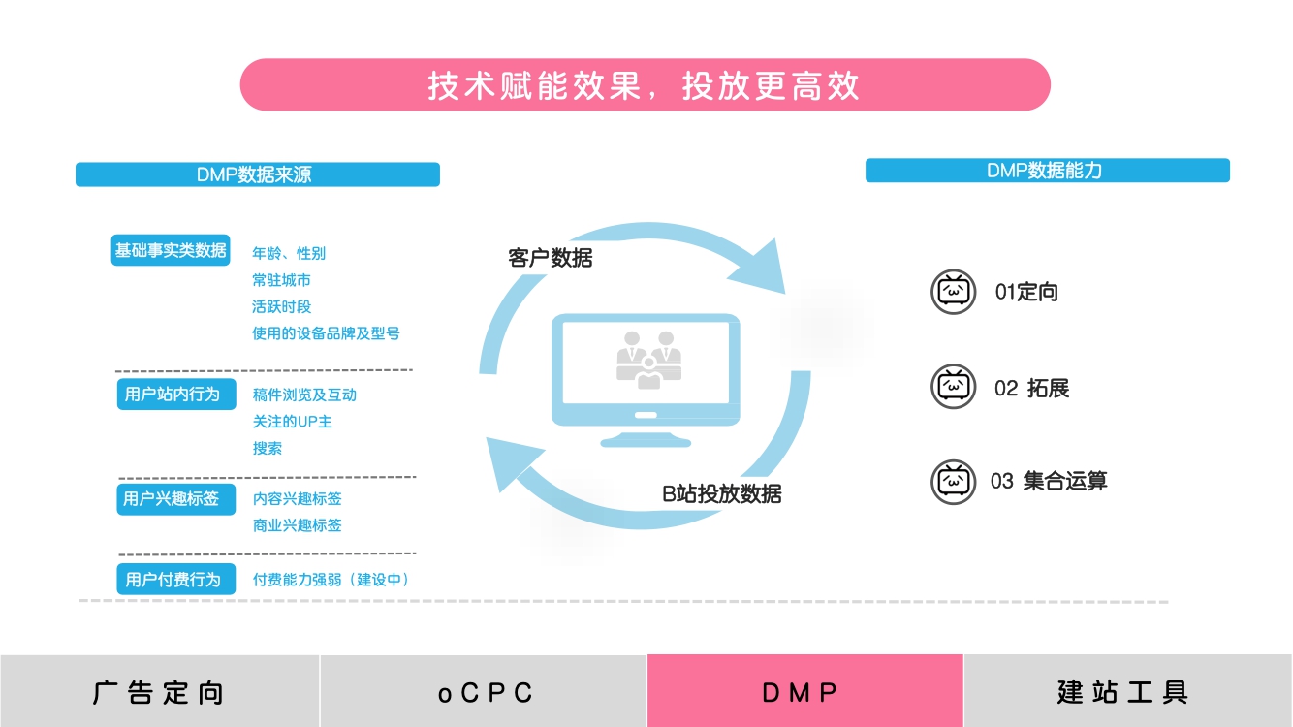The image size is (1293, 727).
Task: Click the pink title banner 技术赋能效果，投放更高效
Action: pyautogui.click(x=645, y=85)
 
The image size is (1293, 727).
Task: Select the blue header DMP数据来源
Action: pyautogui.click(x=257, y=174)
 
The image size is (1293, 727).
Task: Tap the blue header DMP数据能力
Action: pyautogui.click(x=1047, y=171)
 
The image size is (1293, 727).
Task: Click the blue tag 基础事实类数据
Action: pyautogui.click(x=171, y=250)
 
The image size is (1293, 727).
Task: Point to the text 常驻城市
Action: pyautogui.click(x=282, y=280)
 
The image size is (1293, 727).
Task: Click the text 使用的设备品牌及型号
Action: pyautogui.click(x=326, y=333)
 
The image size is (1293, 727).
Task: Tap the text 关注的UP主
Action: pyautogui.click(x=293, y=422)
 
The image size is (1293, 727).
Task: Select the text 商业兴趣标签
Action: pyautogui.click(x=298, y=525)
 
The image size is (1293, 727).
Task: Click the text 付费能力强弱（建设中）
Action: pyautogui.click(x=332, y=580)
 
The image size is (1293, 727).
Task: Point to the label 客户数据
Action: pyautogui.click(x=551, y=258)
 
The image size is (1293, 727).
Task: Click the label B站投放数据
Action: pyautogui.click(x=722, y=493)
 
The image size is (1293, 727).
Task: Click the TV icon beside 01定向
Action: pyautogui.click(x=954, y=292)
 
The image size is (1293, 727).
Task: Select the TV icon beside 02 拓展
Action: pyautogui.click(x=954, y=387)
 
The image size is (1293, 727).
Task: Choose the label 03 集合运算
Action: pyautogui.click(x=1049, y=481)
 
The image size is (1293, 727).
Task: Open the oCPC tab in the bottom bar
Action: pyautogui.click(x=484, y=692)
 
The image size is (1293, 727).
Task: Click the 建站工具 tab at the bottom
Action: pyautogui.click(x=1124, y=692)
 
